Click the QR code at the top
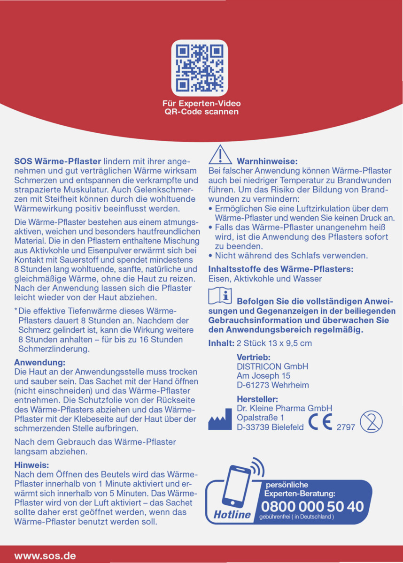click(x=199, y=68)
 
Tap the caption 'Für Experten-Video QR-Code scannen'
click(x=201, y=107)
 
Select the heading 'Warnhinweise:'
click(x=267, y=161)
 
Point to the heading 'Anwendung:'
click(x=39, y=362)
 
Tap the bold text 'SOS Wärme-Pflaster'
click(x=57, y=161)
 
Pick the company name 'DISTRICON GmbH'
click(x=272, y=366)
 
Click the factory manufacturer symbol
click(x=220, y=419)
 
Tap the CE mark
click(x=320, y=422)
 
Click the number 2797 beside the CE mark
click(x=346, y=427)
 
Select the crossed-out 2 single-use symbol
click(x=371, y=422)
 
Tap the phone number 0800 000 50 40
click(x=312, y=507)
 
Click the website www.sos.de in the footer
click(x=45, y=555)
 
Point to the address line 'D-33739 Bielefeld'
click(x=270, y=427)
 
